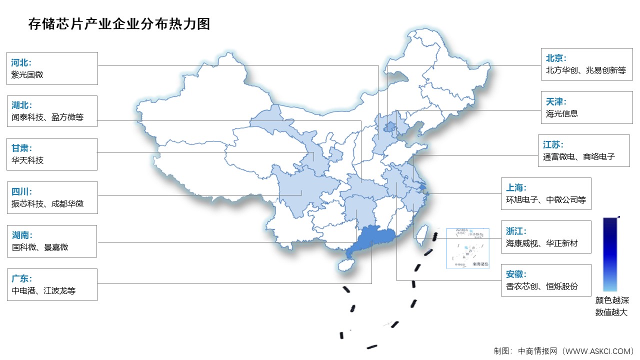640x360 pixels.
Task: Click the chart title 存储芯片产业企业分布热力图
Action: click(119, 24)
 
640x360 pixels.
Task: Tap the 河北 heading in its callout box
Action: click(21, 62)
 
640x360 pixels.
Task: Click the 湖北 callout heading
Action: click(21, 105)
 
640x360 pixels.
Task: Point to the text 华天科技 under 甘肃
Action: click(27, 160)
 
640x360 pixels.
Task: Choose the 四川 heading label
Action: click(21, 191)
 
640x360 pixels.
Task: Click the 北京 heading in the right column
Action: click(556, 58)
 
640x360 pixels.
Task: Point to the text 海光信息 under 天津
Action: click(562, 113)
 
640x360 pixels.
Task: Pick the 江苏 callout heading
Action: click(553, 144)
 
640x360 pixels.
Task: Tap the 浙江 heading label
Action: click(515, 231)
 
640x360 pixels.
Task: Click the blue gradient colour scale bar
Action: click(610, 254)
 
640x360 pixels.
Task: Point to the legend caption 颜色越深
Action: click(611, 300)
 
